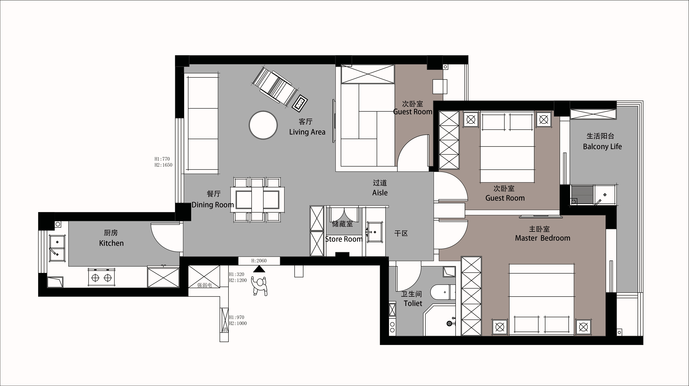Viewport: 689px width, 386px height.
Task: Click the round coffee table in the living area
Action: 263,125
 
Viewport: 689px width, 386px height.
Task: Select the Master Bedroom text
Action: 543,238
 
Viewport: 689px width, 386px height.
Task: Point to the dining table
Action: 257,199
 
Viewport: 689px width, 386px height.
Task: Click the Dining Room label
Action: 213,205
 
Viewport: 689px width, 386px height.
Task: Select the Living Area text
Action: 307,132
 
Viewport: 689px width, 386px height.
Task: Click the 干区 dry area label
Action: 401,233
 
